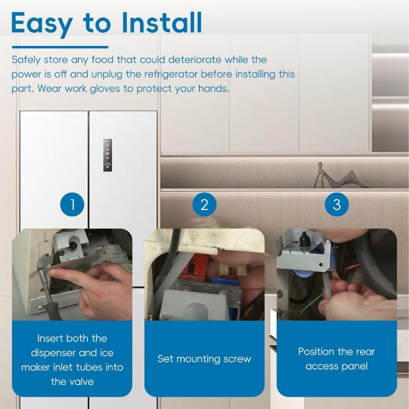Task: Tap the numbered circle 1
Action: point(72,205)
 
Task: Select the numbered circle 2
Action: point(204,205)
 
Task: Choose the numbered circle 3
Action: point(336,205)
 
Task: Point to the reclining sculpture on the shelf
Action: point(332,176)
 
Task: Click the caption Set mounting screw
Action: point(204,359)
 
